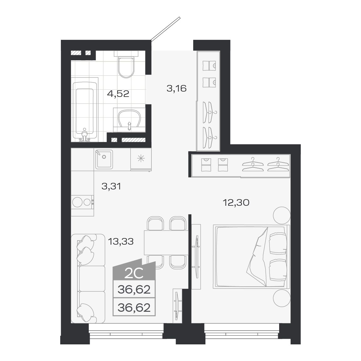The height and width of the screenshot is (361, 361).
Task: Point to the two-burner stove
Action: (x=82, y=202)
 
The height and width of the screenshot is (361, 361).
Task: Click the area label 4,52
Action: (x=118, y=93)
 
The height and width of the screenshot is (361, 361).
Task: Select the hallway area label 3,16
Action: (x=176, y=88)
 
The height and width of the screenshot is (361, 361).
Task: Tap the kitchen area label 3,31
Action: (x=111, y=187)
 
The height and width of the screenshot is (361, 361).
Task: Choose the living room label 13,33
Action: (x=121, y=241)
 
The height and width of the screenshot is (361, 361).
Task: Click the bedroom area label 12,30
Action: (x=236, y=203)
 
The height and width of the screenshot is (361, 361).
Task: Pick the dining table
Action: (x=166, y=242)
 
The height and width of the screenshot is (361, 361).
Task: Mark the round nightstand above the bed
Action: (x=281, y=215)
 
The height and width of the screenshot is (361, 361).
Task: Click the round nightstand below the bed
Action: (x=281, y=298)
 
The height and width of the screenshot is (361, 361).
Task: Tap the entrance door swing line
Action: (x=166, y=29)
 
